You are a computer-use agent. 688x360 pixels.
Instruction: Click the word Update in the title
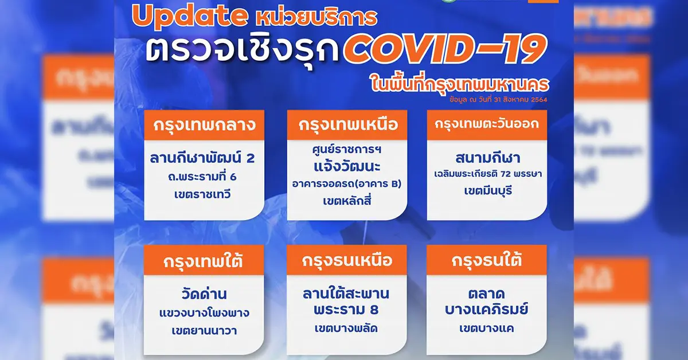(x=189, y=17)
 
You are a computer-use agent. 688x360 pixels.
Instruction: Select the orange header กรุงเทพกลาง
(x=204, y=126)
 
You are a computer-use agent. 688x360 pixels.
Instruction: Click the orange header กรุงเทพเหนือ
(x=347, y=126)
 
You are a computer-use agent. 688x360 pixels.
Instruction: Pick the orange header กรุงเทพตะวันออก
(x=487, y=126)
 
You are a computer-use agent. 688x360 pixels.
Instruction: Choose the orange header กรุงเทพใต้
(x=204, y=261)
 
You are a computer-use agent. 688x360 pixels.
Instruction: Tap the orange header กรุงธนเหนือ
(x=347, y=261)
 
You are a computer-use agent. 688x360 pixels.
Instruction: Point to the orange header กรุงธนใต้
(x=487, y=261)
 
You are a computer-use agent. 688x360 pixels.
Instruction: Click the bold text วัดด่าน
(x=204, y=295)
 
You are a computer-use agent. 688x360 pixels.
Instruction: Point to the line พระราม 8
(x=346, y=311)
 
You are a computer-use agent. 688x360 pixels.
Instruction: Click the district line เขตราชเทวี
(x=204, y=195)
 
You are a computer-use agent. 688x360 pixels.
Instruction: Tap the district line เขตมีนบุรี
(x=487, y=190)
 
